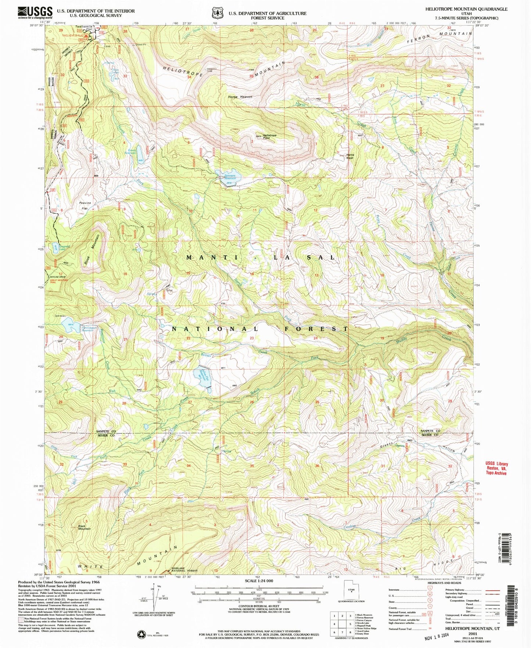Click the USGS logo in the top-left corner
click(x=35, y=13)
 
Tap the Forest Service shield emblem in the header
click(x=217, y=13)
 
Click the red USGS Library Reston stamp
click(x=496, y=468)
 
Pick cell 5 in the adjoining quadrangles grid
click(x=351, y=623)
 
